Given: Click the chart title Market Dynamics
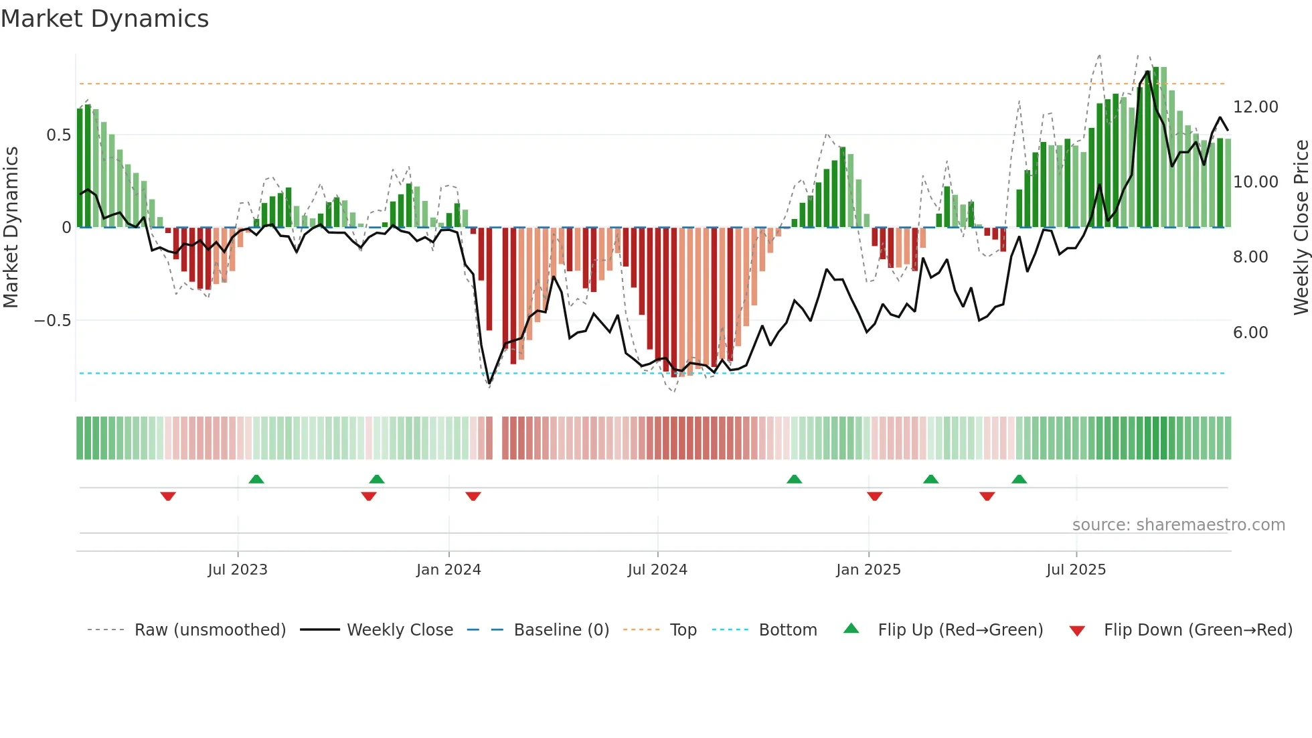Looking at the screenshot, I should click(104, 19).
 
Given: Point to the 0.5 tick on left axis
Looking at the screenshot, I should click(58, 135).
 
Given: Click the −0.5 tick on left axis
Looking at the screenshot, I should click(53, 321).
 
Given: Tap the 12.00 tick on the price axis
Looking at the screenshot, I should click(1255, 107).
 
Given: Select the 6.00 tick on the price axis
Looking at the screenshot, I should click(1250, 333).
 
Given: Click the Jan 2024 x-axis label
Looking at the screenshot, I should click(448, 570).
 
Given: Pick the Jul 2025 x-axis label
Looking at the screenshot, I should click(1076, 570).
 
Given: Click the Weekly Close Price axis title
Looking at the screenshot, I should click(1301, 227).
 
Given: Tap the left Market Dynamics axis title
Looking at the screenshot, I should click(11, 227).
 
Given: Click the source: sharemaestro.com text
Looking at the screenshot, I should click(1178, 525).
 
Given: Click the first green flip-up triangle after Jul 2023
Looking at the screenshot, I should click(256, 479).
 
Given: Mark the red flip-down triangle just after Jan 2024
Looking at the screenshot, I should click(473, 496).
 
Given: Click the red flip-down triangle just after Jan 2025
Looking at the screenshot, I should click(874, 496).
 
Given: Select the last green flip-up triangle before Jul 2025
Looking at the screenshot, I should click(1019, 479).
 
